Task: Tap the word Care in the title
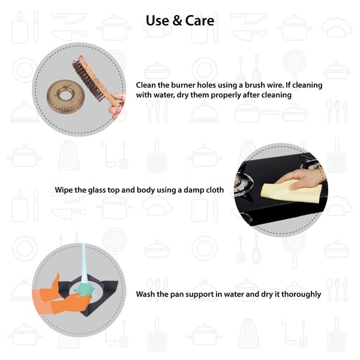coord(200,20)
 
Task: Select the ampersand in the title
coord(177,20)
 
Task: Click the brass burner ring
coord(65,97)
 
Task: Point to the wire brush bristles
coord(87,79)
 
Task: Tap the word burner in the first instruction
coord(183,85)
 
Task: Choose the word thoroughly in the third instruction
coord(301,295)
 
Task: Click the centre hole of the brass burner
coord(65,94)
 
